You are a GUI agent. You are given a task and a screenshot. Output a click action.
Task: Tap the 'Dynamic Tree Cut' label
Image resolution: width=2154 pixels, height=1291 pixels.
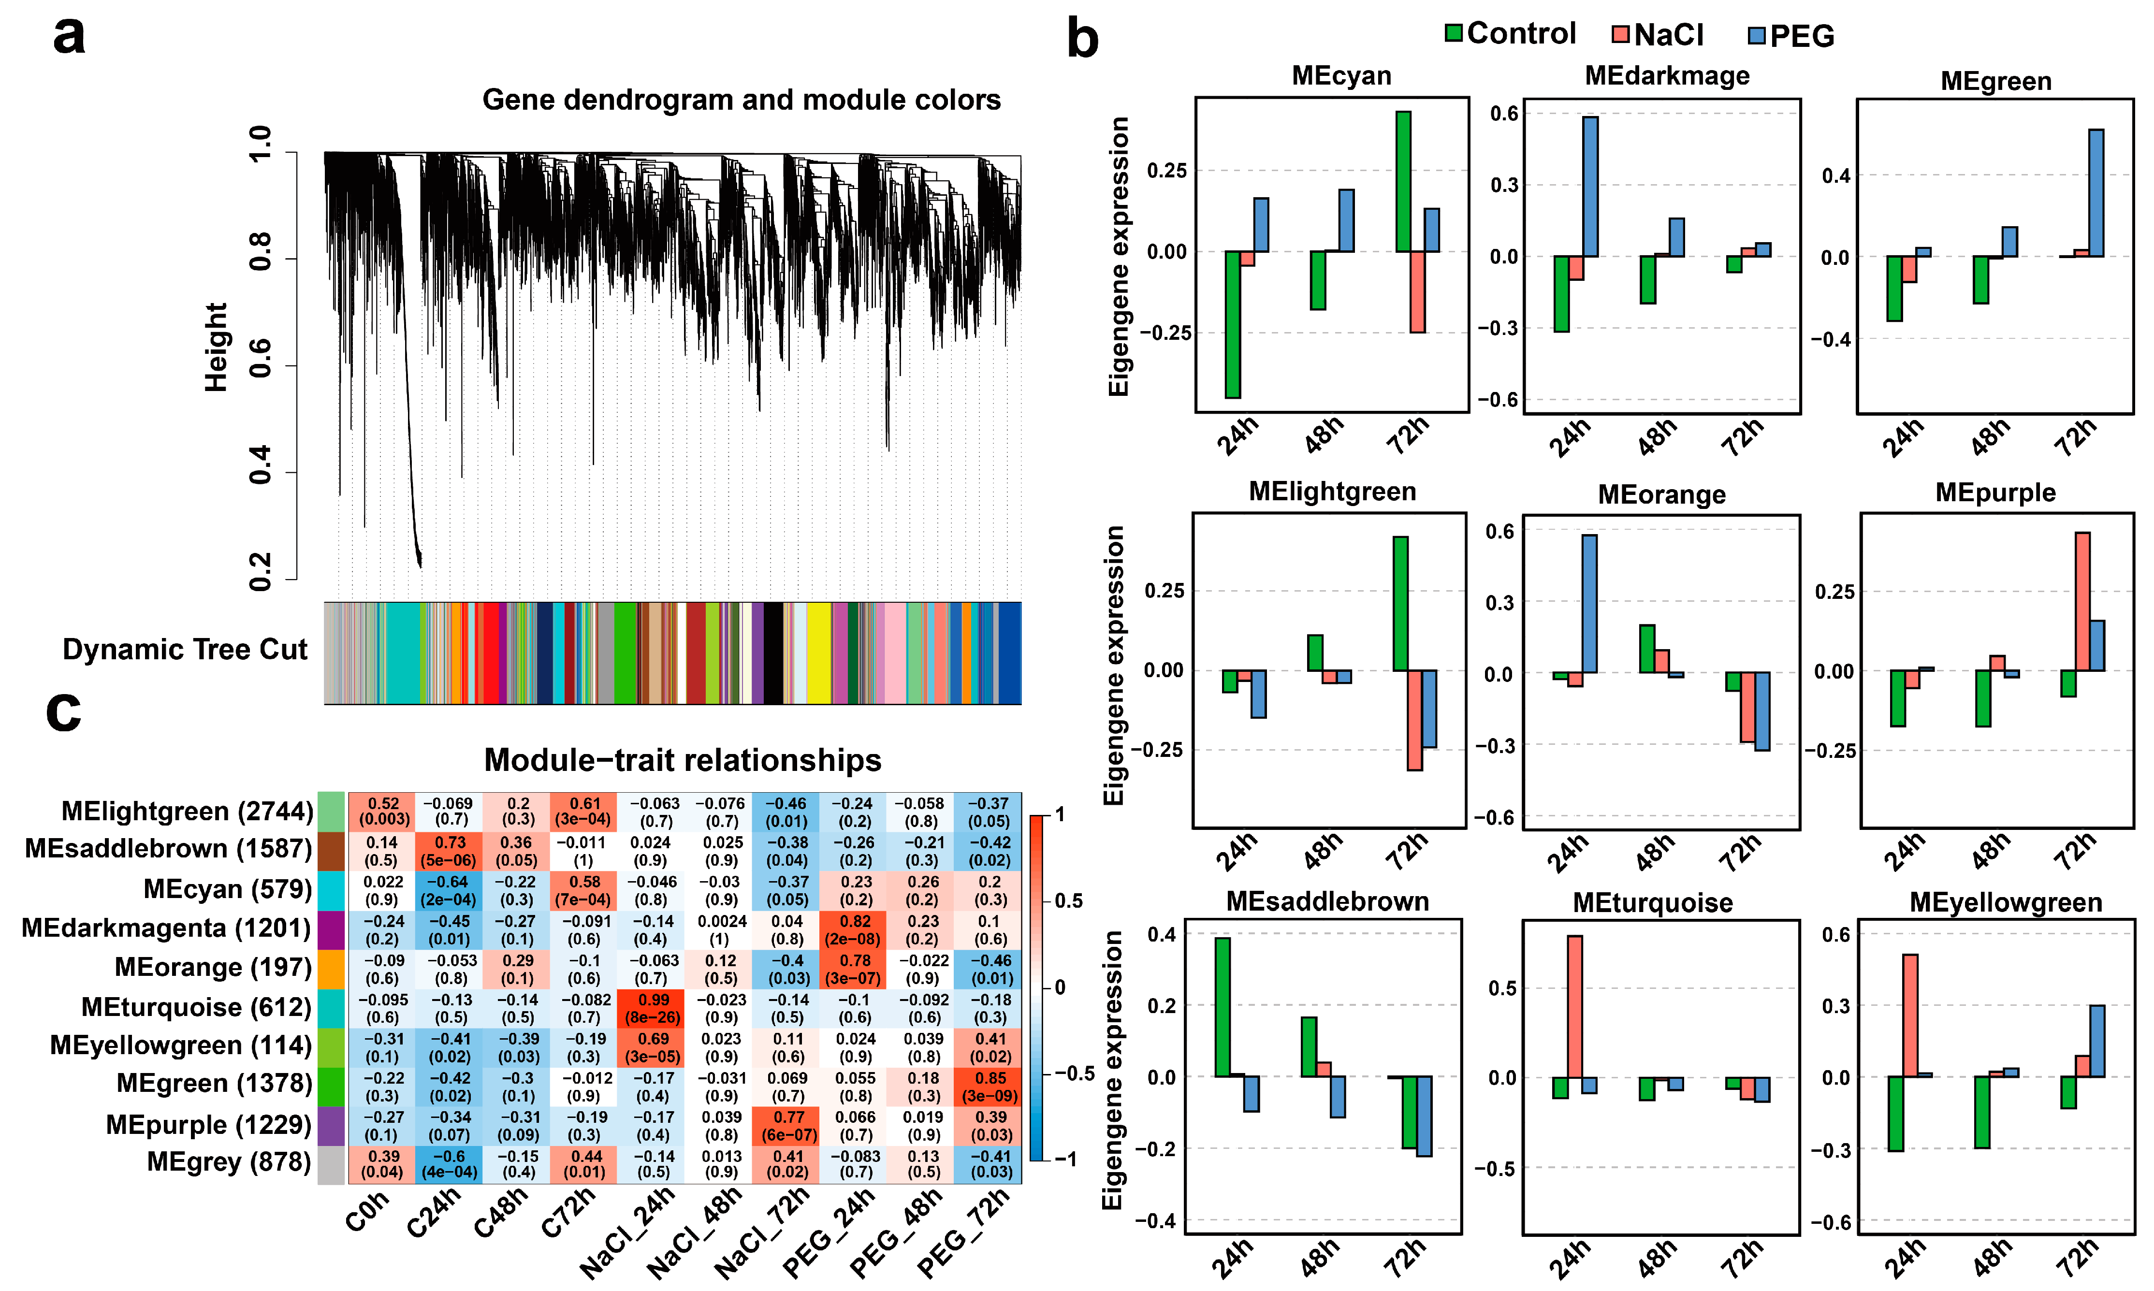[x=185, y=649]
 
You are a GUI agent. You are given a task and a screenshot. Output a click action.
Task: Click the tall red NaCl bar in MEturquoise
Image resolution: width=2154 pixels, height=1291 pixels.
[x=1574, y=1006]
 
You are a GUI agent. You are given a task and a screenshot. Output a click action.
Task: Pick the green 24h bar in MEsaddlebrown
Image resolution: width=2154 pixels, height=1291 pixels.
[x=1223, y=1006]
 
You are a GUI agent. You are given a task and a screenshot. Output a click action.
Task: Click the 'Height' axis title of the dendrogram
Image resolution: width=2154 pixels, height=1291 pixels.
[x=216, y=347]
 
